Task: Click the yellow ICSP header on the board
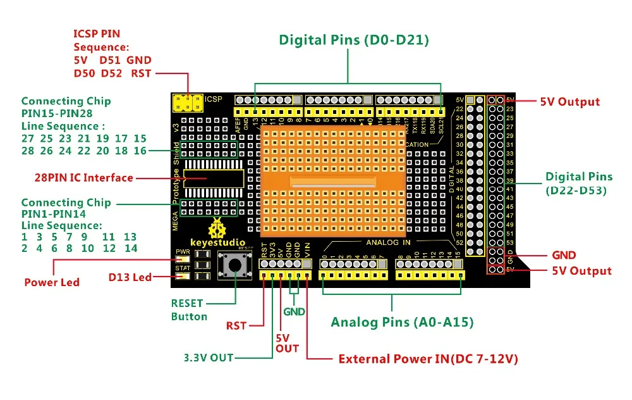[188, 101]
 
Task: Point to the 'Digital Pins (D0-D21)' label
[354, 41]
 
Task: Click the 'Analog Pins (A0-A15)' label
[402, 322]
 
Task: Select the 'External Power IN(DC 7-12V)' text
[428, 359]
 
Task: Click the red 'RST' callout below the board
[236, 326]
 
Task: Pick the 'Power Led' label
[52, 282]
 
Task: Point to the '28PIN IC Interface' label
[83, 178]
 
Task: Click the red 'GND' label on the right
[564, 255]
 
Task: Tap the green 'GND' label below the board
[294, 311]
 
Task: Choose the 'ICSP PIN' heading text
[97, 34]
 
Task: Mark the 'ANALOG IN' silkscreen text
[389, 242]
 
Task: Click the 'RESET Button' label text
[188, 309]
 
